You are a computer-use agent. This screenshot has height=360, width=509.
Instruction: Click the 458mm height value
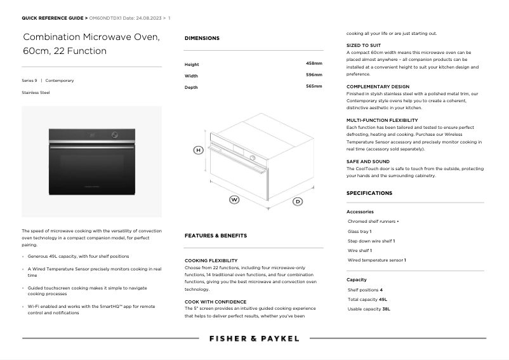(314, 63)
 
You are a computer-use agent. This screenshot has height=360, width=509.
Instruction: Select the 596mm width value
(314, 75)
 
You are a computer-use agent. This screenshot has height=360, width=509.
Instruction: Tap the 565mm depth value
(314, 86)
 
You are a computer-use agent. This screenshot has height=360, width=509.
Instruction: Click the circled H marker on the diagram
(198, 150)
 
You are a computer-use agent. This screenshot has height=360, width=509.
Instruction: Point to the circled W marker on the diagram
(234, 199)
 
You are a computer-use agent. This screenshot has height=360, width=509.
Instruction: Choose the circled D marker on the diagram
(298, 201)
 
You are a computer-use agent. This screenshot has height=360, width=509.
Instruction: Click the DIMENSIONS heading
(202, 38)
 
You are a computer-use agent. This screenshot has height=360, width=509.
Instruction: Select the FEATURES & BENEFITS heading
(216, 236)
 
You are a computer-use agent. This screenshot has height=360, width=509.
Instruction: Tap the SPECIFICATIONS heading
(369, 193)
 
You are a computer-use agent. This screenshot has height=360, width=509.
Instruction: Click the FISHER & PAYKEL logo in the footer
(254, 338)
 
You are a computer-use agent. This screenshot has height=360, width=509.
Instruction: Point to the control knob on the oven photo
(115, 135)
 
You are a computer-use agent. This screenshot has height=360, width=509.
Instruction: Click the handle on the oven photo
(91, 147)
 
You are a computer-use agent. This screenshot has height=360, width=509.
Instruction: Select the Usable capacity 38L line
(369, 309)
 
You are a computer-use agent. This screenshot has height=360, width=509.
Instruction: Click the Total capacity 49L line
(367, 299)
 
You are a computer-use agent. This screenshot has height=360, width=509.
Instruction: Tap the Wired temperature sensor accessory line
(376, 260)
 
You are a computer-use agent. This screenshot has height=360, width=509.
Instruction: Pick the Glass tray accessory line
(360, 231)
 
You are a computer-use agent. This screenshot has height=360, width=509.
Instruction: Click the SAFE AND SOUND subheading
(368, 162)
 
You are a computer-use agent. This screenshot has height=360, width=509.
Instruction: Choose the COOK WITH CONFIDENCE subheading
(215, 302)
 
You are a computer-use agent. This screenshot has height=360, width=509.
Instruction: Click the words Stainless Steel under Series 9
(36, 93)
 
